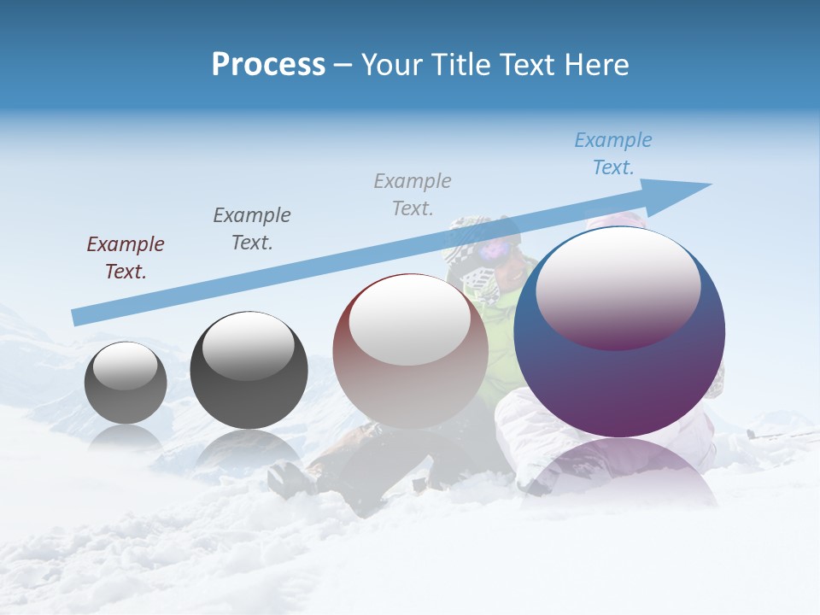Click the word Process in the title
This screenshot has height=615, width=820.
[268, 65]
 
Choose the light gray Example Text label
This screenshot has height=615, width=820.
[413, 195]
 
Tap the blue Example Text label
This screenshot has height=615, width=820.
[613, 154]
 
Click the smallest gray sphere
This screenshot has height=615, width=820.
[126, 401]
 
